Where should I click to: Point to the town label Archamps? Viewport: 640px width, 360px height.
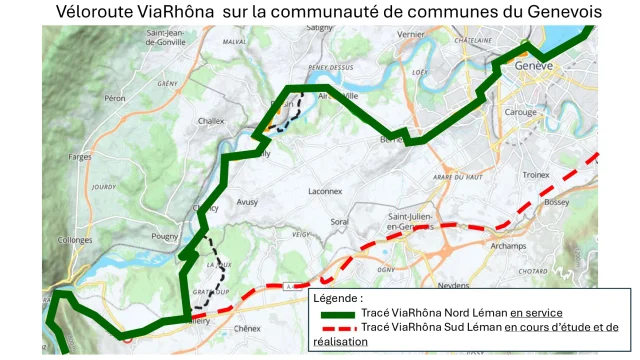[x=509, y=245]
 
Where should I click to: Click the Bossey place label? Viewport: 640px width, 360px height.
[x=557, y=202]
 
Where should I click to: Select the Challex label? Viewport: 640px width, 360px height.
[x=211, y=120]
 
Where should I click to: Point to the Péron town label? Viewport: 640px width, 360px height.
[x=114, y=99]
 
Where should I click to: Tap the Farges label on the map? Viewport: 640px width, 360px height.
[x=81, y=157]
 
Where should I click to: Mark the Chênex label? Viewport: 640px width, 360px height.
[x=246, y=328]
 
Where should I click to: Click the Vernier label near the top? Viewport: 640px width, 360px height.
[x=411, y=34]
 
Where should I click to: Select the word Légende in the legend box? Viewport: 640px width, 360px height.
[x=339, y=298]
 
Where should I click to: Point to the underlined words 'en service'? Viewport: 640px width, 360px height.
[x=536, y=313]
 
